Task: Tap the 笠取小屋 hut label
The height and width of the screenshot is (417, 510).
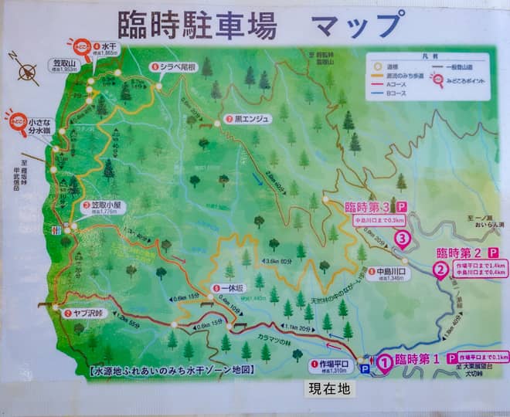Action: [x=103, y=206]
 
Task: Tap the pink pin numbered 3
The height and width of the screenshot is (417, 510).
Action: [x=402, y=239]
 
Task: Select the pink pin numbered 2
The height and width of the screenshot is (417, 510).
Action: [x=440, y=270]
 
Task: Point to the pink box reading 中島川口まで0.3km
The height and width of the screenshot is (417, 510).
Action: [x=379, y=220]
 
